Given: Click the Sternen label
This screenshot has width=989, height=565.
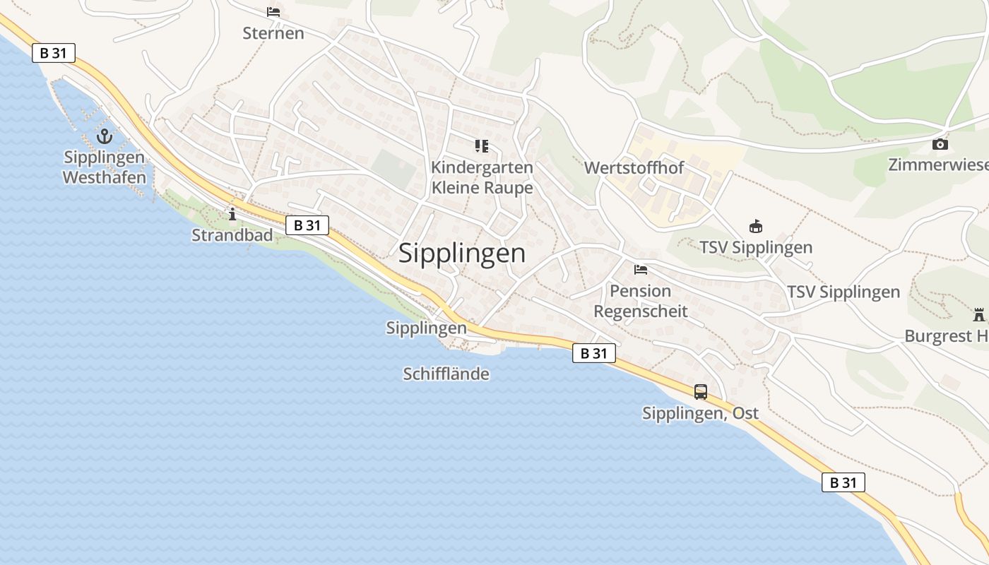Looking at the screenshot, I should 273,33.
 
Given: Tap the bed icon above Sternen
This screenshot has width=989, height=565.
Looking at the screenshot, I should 273,12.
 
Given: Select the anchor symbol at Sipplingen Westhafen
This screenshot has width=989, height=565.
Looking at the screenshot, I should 105,136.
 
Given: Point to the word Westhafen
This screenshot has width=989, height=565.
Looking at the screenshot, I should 105,177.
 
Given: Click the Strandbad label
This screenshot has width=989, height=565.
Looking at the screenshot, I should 232,235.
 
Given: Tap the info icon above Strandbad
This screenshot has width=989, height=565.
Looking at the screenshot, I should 232,214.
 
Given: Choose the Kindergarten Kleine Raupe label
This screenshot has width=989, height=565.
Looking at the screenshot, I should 482,178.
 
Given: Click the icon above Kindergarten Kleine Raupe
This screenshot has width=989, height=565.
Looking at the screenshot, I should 482,146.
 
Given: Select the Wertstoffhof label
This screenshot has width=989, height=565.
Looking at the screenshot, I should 634,168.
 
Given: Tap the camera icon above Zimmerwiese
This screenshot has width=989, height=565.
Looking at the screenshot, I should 940,144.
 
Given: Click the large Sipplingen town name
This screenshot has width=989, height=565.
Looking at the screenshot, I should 462,253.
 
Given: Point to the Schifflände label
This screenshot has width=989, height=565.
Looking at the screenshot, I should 446,374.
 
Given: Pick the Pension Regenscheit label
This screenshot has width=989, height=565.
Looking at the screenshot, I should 640,301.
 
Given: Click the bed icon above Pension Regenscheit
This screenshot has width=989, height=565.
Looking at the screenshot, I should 641,269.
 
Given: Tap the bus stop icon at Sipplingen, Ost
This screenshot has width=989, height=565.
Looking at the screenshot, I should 700,391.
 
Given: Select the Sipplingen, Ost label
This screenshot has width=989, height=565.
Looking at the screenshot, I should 700,413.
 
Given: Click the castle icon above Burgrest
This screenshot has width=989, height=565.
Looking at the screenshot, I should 978,314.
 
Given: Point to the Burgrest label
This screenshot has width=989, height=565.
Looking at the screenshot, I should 946,336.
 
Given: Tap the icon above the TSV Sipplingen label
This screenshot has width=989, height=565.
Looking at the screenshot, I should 756,227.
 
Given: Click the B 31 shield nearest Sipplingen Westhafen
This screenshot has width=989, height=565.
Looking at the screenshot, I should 54,53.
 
